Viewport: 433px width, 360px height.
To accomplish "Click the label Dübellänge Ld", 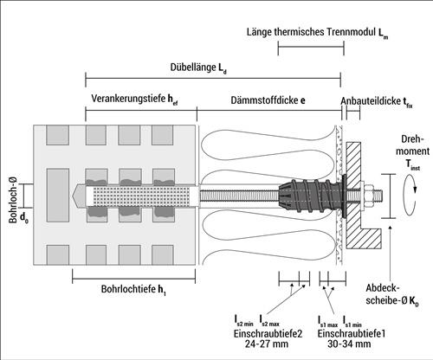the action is pyautogui.click(x=198, y=68).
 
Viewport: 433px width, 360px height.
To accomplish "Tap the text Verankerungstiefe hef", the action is pyautogui.click(x=134, y=100).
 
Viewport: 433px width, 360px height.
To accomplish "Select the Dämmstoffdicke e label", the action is pyautogui.click(x=268, y=100).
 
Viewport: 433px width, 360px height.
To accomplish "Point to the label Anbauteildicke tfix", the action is pyautogui.click(x=377, y=101).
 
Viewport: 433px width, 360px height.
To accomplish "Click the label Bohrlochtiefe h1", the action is pyautogui.click(x=133, y=289).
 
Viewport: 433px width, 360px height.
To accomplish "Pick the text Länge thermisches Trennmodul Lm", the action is pyautogui.click(x=317, y=33).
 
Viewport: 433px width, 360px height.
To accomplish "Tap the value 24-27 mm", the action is pyautogui.click(x=267, y=344).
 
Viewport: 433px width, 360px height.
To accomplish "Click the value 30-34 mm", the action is pyautogui.click(x=349, y=344).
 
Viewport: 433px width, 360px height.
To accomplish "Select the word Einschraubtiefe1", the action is pyautogui.click(x=352, y=333).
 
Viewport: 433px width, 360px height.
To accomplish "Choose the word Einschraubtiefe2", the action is pyautogui.click(x=268, y=333).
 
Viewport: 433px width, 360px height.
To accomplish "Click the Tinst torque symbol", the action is pyautogui.click(x=413, y=165).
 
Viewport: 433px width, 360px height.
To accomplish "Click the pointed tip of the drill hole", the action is pyautogui.click(x=73, y=196).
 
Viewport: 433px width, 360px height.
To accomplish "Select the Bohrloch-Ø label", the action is pyautogui.click(x=13, y=200).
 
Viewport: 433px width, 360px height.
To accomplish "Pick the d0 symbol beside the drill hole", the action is pyautogui.click(x=24, y=219).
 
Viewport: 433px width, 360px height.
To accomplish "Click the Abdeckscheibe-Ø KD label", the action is pyautogui.click(x=392, y=294).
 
